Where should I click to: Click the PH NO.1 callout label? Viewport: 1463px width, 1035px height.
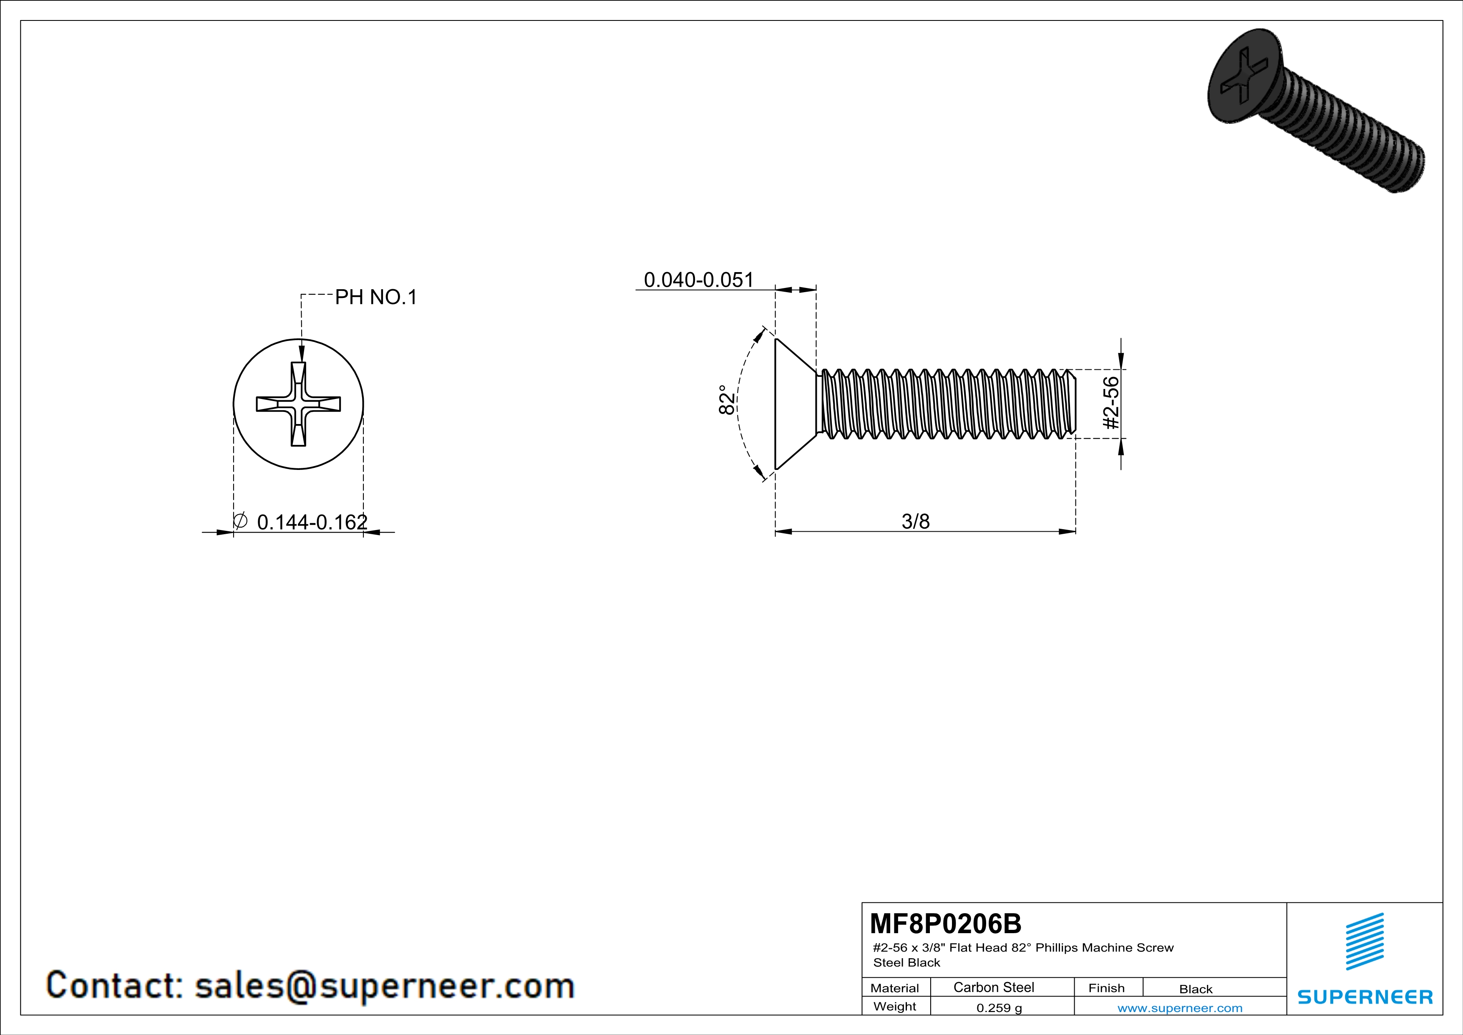pos(376,297)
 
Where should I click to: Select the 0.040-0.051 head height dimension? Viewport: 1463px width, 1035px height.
pos(699,280)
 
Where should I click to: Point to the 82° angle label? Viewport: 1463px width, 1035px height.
pos(726,399)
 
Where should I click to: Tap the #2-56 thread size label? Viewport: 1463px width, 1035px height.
pos(1110,403)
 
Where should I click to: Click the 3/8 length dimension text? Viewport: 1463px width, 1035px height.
pos(916,521)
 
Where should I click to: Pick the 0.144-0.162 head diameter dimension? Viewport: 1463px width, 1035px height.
pos(312,522)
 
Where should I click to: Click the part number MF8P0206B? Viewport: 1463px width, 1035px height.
pos(946,923)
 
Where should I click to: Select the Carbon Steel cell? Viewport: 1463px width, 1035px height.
pos(993,987)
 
